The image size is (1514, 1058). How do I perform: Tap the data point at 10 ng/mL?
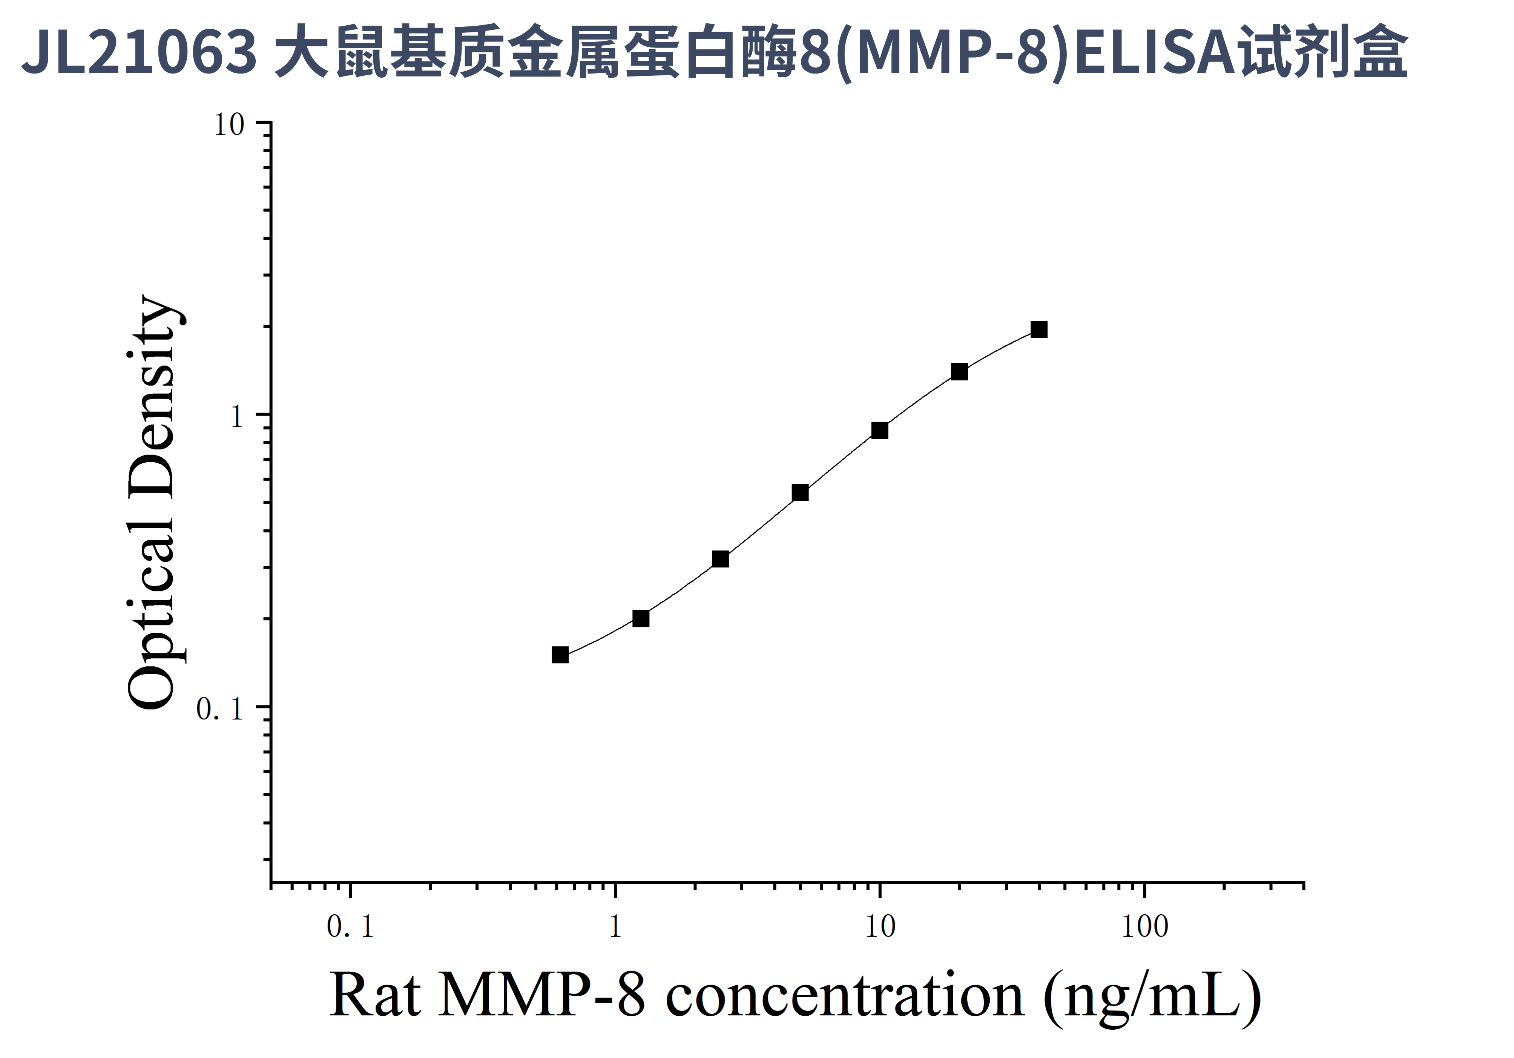880,431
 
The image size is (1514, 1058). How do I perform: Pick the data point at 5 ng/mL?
800,492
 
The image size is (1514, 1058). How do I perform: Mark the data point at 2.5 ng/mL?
721,559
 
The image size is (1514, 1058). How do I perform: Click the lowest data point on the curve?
560,655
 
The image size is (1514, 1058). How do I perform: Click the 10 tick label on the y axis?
229,124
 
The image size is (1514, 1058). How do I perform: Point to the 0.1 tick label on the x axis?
350,927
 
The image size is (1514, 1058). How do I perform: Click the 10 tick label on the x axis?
880,927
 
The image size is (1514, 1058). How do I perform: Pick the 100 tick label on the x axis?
1145,927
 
